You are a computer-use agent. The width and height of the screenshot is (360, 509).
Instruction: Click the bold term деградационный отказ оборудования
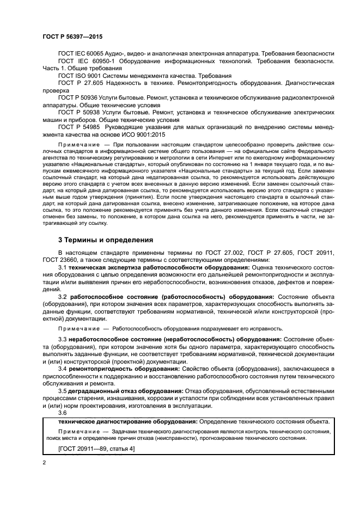pos(126,391)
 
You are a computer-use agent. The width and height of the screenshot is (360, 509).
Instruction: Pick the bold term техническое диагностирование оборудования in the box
pos(124,422)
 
